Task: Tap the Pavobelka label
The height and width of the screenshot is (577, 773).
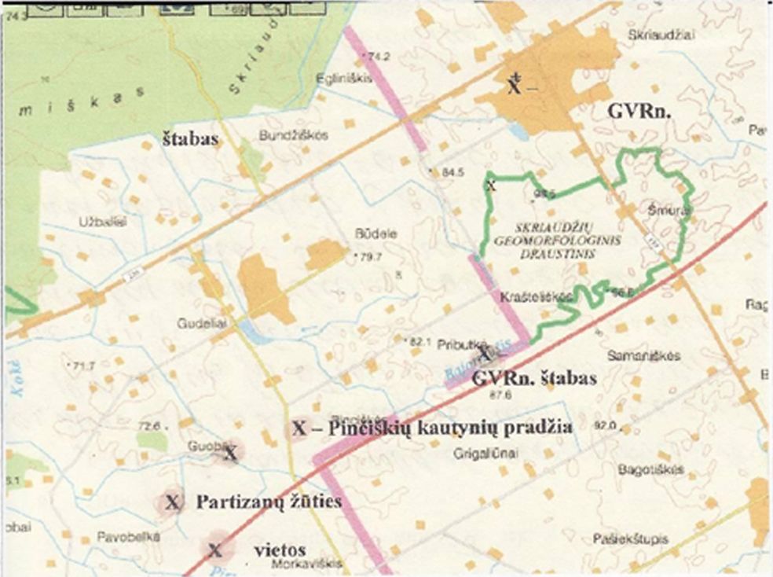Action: pyautogui.click(x=129, y=538)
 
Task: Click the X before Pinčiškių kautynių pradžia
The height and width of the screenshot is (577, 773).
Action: pyautogui.click(x=299, y=428)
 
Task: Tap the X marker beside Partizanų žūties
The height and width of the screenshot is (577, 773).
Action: pyautogui.click(x=173, y=502)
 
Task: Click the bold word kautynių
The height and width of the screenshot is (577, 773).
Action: pyautogui.click(x=460, y=428)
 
